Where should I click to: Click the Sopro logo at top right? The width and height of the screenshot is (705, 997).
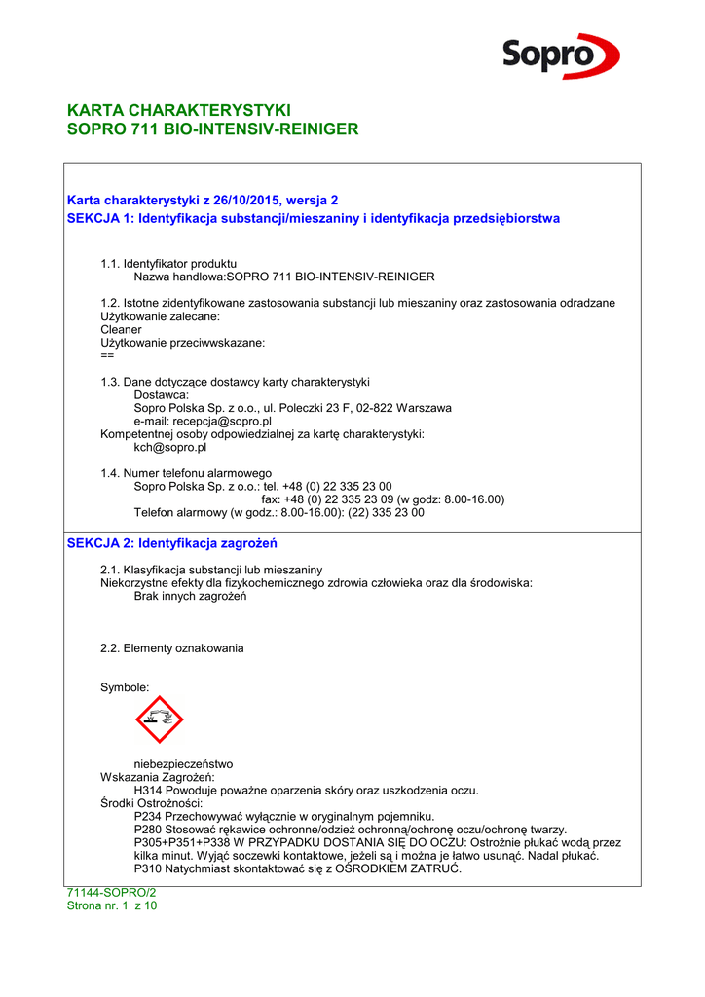coord(560,55)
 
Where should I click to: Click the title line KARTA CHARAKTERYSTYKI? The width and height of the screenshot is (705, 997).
coord(178,110)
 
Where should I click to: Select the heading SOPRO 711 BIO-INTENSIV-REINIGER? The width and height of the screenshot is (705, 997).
coord(212,129)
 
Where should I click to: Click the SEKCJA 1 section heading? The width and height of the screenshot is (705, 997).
coord(313,218)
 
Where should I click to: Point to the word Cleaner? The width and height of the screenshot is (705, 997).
coord(121,330)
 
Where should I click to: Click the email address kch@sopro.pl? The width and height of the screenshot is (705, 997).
coord(170,448)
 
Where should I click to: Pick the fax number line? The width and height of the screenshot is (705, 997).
coord(383,499)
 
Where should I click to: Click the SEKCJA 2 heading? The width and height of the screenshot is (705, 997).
coord(171,542)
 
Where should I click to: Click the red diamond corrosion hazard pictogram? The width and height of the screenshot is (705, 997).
coord(159,720)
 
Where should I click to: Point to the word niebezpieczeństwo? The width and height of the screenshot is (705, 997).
coord(183,764)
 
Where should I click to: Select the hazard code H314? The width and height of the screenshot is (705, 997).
coord(148,791)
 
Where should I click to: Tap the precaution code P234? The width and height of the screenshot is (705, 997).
coord(148,816)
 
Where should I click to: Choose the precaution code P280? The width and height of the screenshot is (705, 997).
coord(148,830)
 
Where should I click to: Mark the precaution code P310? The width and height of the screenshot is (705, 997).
coord(148,868)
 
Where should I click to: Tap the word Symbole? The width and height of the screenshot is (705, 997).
coord(125,687)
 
